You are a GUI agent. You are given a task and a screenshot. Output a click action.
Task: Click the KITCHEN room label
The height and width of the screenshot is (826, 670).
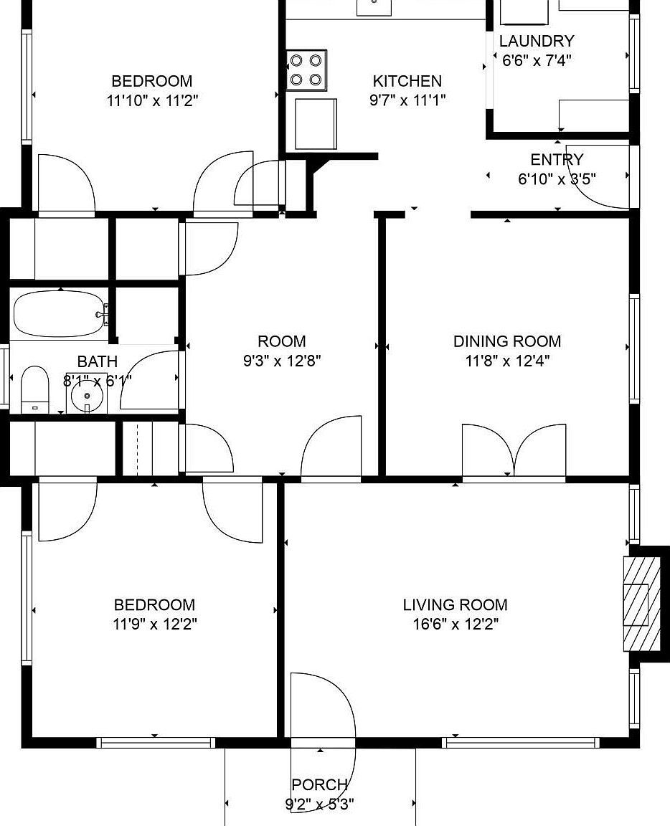click(407, 81)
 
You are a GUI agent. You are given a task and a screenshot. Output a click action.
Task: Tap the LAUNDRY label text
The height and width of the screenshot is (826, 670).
click(537, 42)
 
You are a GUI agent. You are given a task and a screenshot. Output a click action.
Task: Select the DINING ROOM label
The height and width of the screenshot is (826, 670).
click(506, 341)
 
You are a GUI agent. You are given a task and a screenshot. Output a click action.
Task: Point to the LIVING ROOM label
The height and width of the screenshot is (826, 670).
click(455, 605)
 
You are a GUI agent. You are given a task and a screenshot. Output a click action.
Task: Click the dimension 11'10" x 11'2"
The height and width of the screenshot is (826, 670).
click(152, 100)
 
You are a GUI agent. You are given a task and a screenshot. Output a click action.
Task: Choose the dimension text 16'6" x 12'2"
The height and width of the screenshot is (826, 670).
click(455, 625)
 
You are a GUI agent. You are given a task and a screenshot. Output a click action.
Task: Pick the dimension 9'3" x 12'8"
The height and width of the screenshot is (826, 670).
click(282, 361)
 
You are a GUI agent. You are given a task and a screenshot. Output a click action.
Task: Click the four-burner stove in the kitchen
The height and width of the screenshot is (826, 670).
click(306, 70)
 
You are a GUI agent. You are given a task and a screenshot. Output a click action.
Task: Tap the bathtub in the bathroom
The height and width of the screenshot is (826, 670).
click(60, 314)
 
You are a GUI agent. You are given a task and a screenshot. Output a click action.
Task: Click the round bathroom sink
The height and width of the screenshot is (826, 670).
click(87, 394)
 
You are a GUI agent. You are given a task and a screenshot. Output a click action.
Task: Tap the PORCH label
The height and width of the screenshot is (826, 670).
click(319, 785)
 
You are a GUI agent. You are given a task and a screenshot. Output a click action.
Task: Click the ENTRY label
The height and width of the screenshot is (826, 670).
click(557, 160)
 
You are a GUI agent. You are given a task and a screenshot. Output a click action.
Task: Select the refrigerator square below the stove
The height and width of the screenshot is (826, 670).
click(316, 123)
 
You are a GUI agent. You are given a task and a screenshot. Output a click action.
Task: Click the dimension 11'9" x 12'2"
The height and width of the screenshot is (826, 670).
click(155, 625)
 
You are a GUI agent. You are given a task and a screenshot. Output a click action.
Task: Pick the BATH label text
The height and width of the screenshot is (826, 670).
click(97, 361)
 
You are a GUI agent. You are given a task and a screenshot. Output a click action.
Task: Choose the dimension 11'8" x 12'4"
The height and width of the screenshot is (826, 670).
click(506, 361)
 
